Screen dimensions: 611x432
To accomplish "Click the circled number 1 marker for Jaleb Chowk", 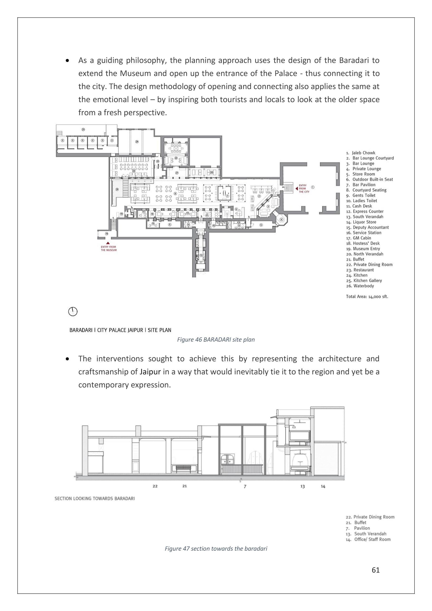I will (x=313, y=187).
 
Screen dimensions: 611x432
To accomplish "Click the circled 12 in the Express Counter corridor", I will (x=201, y=255).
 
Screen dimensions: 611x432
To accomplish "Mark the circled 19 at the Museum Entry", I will (x=107, y=234).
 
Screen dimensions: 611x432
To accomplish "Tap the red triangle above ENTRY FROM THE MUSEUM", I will (x=108, y=243).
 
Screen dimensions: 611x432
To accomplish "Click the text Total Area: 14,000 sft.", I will (x=367, y=296).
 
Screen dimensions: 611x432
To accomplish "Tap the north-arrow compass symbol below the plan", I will (x=73, y=311).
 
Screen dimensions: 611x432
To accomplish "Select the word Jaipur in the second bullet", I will (x=150, y=372).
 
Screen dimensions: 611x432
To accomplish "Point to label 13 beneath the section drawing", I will (x=303, y=486).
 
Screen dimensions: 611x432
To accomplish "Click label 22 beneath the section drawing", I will (x=155, y=486).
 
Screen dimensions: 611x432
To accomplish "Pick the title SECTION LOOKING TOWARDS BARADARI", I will (x=95, y=498).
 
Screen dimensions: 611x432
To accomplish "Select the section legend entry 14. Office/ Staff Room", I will (x=368, y=539).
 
